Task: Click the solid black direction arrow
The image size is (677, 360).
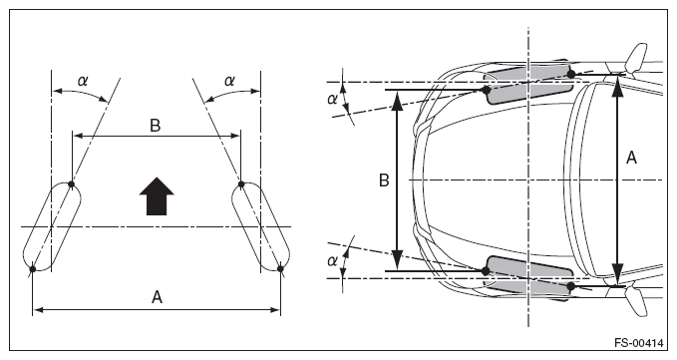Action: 157,196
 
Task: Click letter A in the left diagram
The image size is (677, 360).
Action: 157,297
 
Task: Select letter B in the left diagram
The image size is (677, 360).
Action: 155,126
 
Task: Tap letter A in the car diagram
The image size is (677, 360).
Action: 631,158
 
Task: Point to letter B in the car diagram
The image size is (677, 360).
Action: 384,180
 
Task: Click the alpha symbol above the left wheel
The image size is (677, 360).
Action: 82,81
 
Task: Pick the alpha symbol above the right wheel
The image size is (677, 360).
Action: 229,81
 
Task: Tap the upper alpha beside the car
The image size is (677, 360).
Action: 332,99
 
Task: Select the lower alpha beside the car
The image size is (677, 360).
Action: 332,260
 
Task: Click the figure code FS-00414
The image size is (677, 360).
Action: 638,343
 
